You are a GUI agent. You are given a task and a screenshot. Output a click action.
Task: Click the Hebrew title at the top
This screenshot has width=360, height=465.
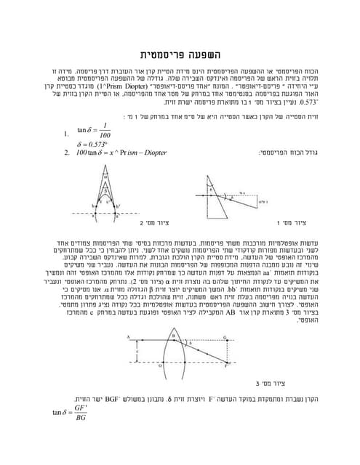(179, 54)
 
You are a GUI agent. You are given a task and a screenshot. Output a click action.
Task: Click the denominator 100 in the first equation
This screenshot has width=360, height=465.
(106, 135)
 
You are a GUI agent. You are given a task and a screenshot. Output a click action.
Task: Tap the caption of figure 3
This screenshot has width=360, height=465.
(269, 383)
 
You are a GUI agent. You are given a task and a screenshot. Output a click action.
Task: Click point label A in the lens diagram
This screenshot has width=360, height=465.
(128, 336)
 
